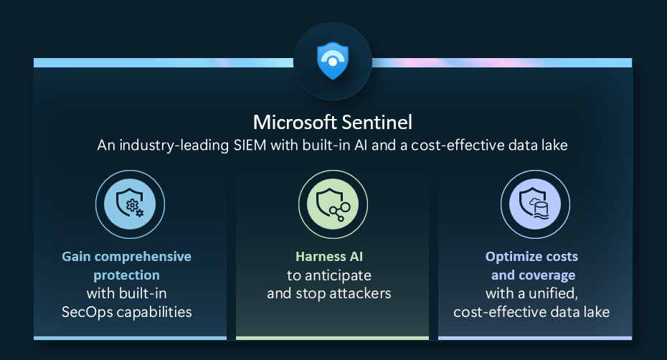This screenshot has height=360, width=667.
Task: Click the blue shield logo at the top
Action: pyautogui.click(x=333, y=61)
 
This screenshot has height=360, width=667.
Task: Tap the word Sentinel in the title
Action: pyautogui.click(x=377, y=123)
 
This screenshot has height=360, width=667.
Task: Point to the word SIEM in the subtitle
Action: pyautogui.click(x=250, y=146)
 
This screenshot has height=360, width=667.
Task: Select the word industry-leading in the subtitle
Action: pyautogui.click(x=174, y=146)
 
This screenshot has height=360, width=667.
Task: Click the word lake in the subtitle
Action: pyautogui.click(x=554, y=146)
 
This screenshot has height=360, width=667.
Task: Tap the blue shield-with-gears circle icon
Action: pyautogui.click(x=130, y=204)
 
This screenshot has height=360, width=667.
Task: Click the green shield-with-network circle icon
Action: pyautogui.click(x=333, y=204)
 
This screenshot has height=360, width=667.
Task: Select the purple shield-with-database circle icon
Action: pyautogui.click(x=535, y=204)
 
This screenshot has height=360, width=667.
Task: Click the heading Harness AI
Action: pyautogui.click(x=329, y=257)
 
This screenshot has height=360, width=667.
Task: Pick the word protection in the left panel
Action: pyautogui.click(x=127, y=276)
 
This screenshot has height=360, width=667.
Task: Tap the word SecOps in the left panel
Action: pyautogui.click(x=87, y=313)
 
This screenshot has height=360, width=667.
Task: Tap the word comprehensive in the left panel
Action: pyautogui.click(x=143, y=257)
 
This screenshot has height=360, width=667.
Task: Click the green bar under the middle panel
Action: pyautogui.click(x=332, y=338)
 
